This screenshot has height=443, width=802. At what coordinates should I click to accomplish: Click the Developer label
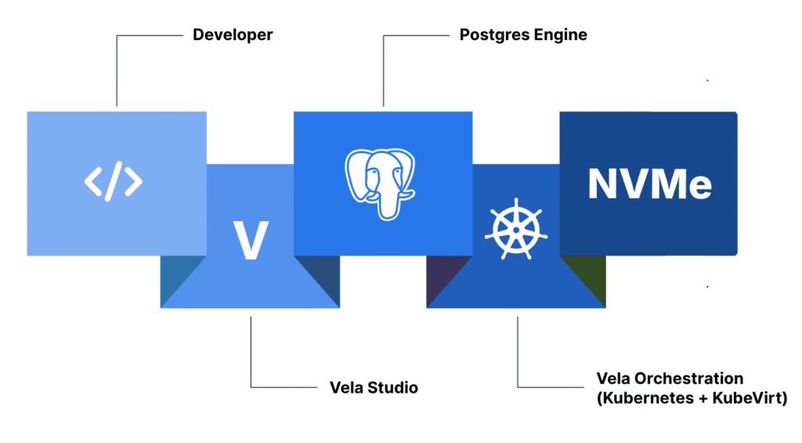[x=233, y=35]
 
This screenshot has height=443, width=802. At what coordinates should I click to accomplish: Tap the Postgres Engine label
[x=522, y=35]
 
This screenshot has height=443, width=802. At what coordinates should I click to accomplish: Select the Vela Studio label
[x=374, y=387]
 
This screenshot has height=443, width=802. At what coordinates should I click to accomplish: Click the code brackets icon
[x=114, y=182]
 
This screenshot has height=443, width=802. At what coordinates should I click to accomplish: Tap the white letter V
[x=251, y=240]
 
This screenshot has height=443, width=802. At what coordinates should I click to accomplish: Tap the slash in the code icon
[x=114, y=182]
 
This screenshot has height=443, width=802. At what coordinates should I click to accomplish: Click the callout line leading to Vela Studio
[x=251, y=353]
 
